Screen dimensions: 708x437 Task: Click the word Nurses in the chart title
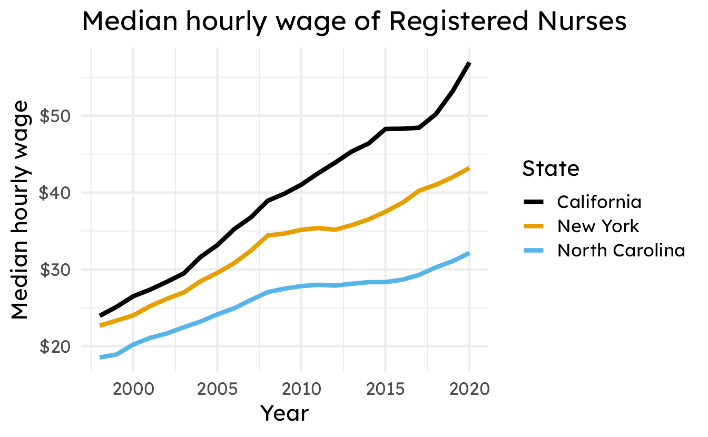pos(582,21)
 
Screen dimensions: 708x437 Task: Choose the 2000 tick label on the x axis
pos(133,389)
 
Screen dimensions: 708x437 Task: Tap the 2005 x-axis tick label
pos(218,389)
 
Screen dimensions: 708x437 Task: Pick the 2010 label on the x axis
pos(301,389)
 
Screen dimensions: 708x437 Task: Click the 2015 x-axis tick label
pos(386,389)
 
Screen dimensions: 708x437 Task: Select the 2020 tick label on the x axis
pos(470,389)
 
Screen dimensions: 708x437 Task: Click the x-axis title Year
pos(284,413)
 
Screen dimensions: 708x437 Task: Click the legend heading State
pos(550,168)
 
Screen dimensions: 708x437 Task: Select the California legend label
pos(599,202)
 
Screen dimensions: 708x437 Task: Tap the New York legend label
pos(598,226)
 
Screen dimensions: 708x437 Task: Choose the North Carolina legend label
pos(621,251)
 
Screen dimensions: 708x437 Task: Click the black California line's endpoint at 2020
pos(470,63)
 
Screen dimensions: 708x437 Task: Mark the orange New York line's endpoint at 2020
pos(470,168)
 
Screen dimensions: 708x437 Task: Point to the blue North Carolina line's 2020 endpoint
pos(470,253)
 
